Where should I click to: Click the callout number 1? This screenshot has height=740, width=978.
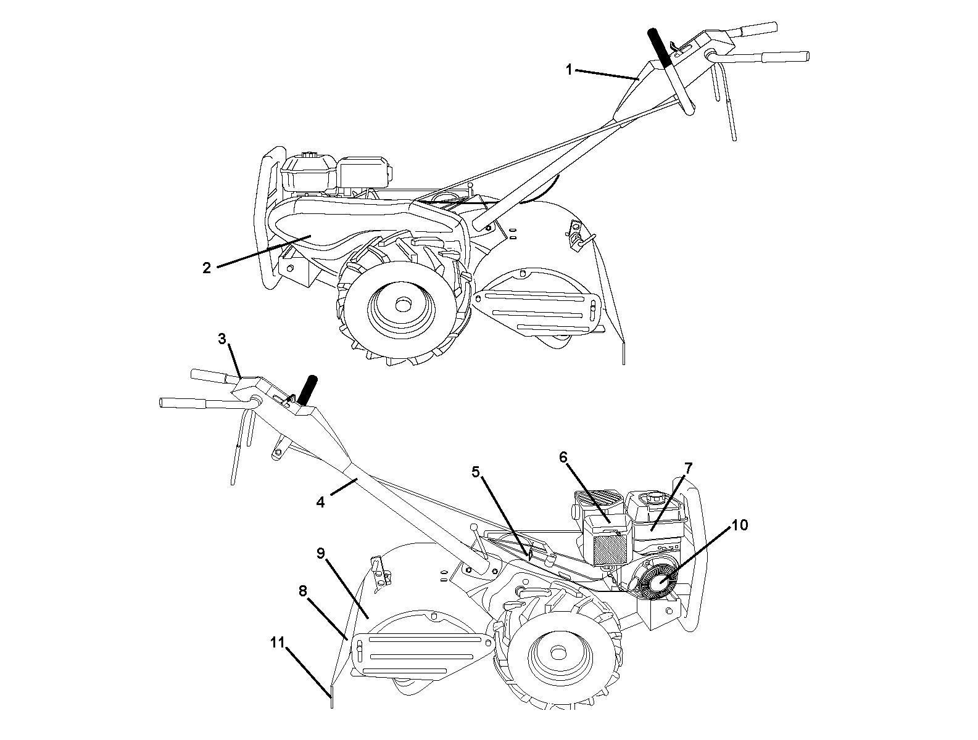click(568, 70)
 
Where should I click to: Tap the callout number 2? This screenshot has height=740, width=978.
click(207, 268)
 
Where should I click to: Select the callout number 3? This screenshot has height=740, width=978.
click(222, 339)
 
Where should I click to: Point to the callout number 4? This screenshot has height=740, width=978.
click(320, 502)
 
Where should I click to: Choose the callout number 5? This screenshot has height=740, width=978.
click(476, 472)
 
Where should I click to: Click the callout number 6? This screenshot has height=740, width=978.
click(563, 458)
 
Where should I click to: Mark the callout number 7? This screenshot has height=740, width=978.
click(689, 469)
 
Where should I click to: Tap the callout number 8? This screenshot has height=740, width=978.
click(303, 591)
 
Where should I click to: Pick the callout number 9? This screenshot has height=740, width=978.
click(321, 553)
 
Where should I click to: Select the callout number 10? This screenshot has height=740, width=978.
click(740, 525)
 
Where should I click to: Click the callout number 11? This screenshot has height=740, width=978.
click(277, 643)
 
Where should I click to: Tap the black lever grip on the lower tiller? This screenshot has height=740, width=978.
click(309, 390)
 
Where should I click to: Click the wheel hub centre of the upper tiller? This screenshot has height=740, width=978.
click(403, 305)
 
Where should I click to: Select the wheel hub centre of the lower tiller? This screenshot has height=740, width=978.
click(557, 654)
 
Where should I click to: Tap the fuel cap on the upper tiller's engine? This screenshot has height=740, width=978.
click(307, 155)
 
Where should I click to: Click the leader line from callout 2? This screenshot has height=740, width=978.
click(263, 252)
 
